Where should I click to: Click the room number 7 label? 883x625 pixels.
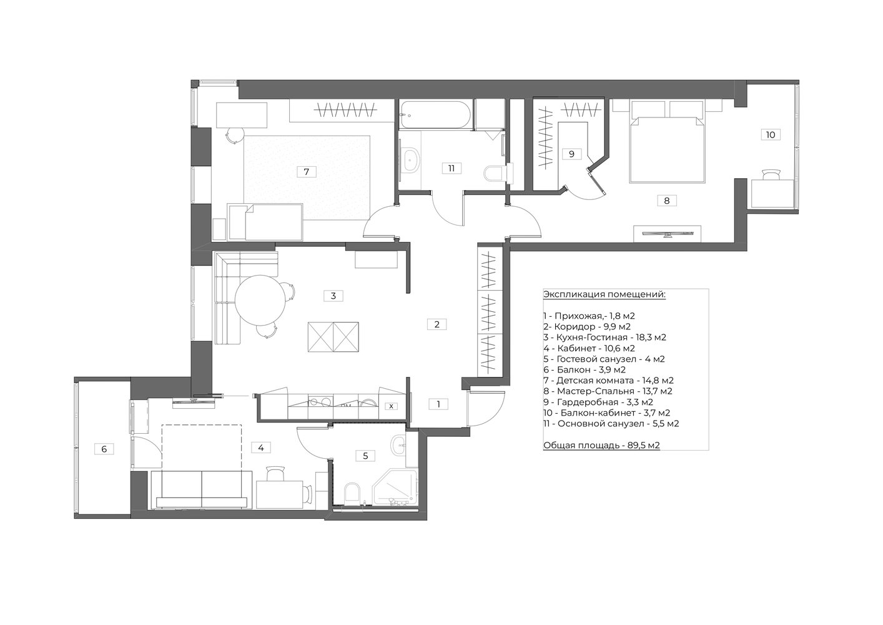tap(306, 172)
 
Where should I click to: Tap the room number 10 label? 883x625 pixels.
tap(770, 135)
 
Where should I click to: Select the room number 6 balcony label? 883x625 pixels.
tap(104, 449)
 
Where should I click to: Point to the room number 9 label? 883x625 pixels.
tap(571, 154)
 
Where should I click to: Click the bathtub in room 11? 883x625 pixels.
tap(435, 115)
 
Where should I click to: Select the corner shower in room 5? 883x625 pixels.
tap(395, 487)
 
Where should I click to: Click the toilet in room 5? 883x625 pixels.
tap(352, 493)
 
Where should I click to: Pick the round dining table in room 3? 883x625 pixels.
tap(260, 300)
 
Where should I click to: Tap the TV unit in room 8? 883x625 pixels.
tap(667, 234)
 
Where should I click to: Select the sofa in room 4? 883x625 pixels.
tap(202, 489)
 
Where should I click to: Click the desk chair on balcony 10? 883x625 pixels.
tap(771, 175)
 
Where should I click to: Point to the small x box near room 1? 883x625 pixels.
tap(391, 406)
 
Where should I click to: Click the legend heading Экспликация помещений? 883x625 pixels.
tap(604, 295)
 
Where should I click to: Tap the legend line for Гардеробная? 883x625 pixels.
tap(598, 402)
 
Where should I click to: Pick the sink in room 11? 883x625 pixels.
tap(412, 160)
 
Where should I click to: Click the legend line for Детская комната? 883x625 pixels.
tap(609, 381)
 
